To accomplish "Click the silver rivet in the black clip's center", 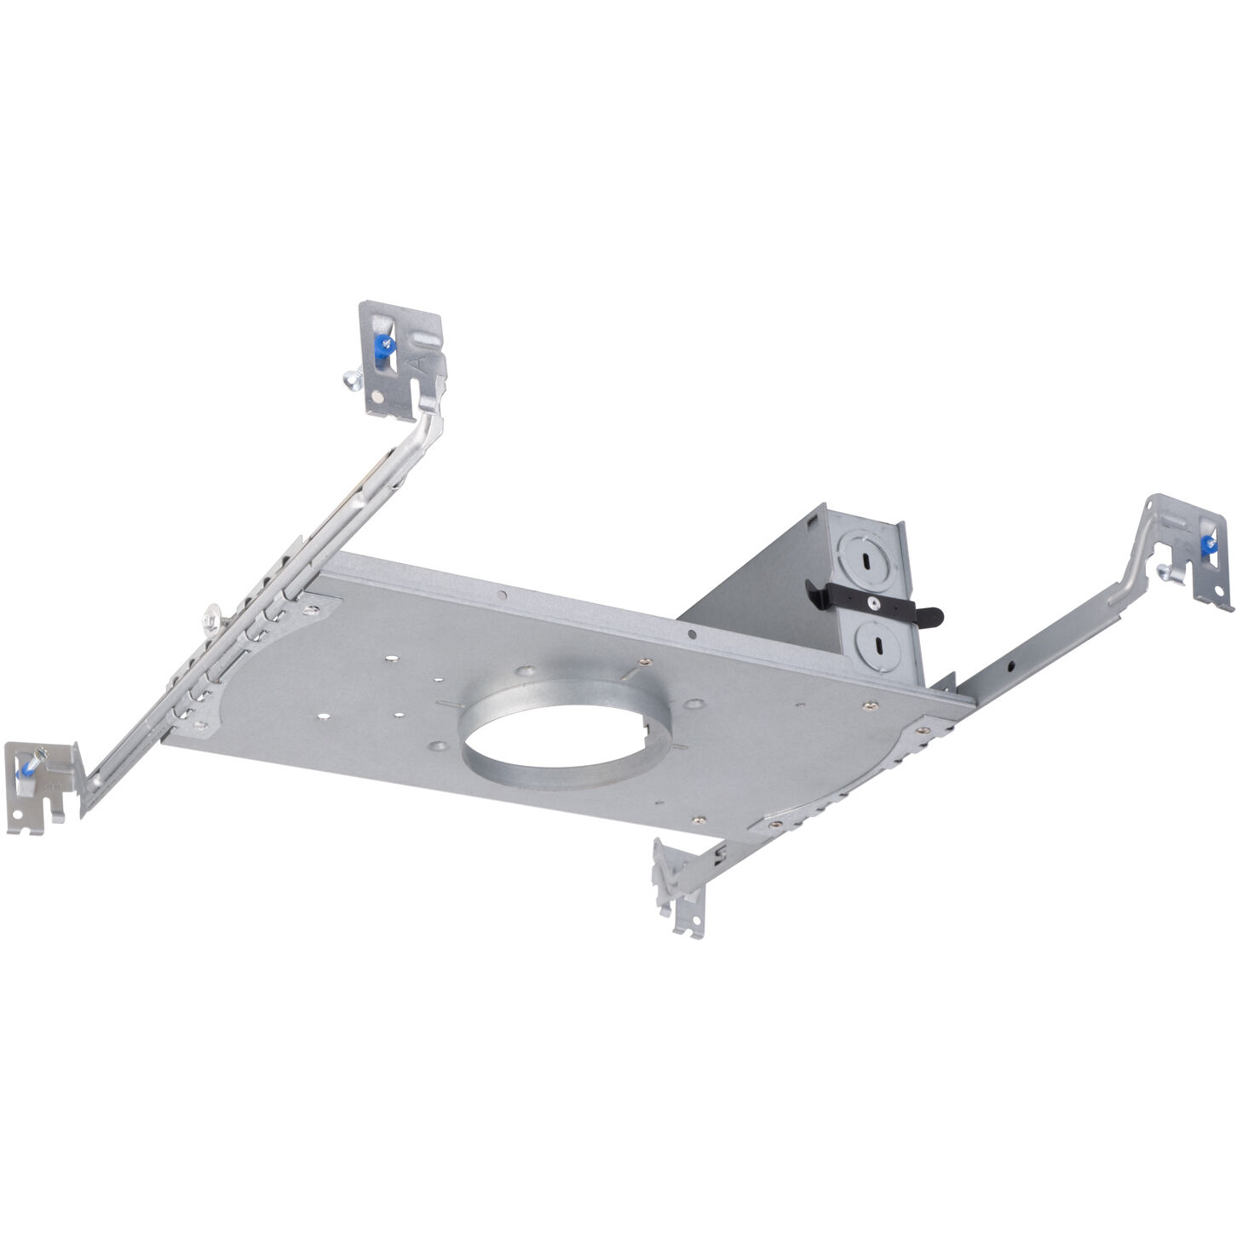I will (874, 601).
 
